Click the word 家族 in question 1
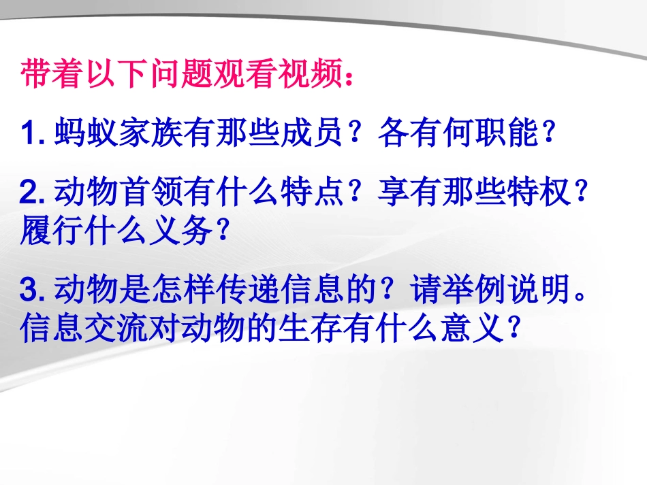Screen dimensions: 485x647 [x=150, y=133]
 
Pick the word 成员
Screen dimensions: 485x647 [x=310, y=133]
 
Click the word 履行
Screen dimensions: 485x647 [x=53, y=231]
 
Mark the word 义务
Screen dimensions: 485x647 [x=181, y=231]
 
